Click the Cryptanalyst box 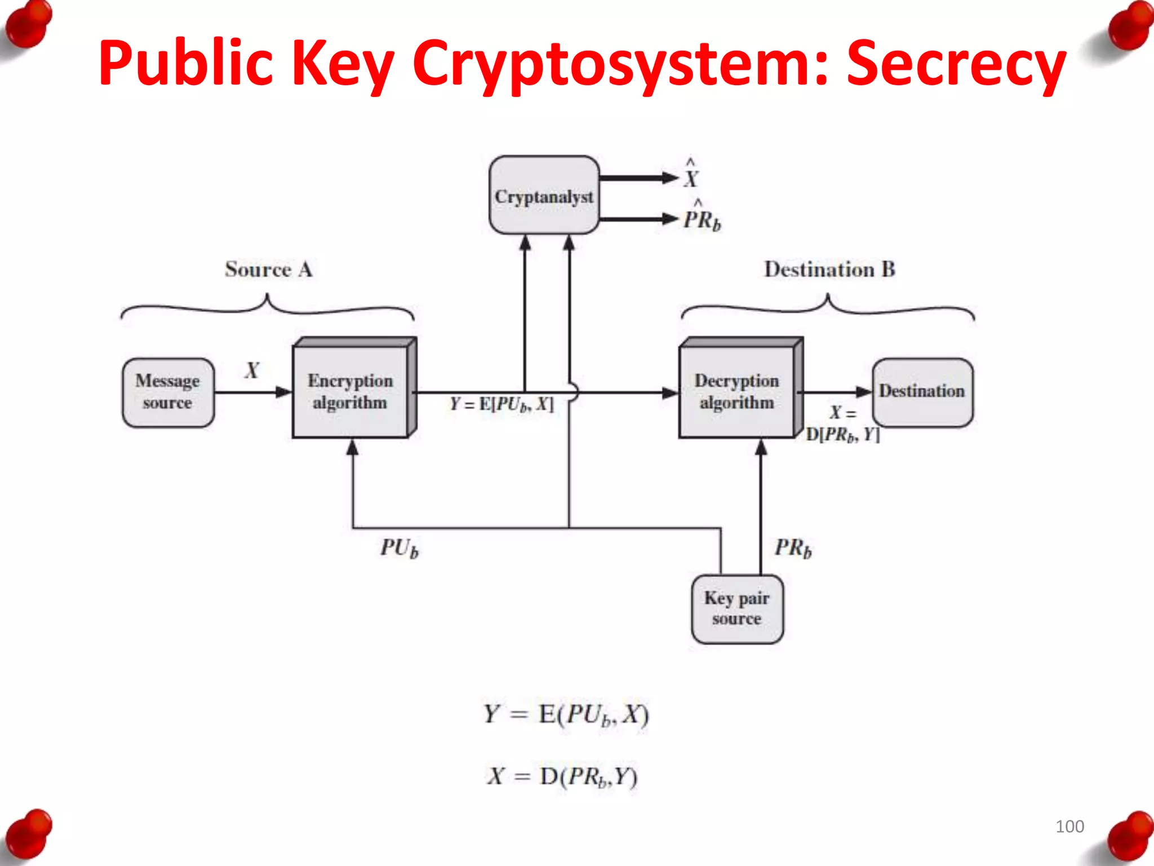(x=544, y=195)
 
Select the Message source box (x=168, y=392)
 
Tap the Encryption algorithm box (x=350, y=391)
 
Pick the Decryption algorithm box (x=737, y=391)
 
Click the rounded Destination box (x=922, y=391)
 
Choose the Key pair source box (x=737, y=609)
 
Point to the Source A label (x=269, y=269)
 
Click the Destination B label (x=829, y=269)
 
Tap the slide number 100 (x=1069, y=827)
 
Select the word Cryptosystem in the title (x=620, y=63)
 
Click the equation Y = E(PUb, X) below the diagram (x=566, y=714)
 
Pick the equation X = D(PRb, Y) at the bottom (x=562, y=776)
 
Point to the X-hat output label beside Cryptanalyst (x=691, y=175)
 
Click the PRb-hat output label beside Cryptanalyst (x=702, y=217)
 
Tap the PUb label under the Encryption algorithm (x=399, y=547)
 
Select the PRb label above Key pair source (x=793, y=547)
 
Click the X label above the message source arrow (x=252, y=370)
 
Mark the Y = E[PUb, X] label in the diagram (x=501, y=404)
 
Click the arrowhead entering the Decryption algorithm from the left (x=670, y=392)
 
